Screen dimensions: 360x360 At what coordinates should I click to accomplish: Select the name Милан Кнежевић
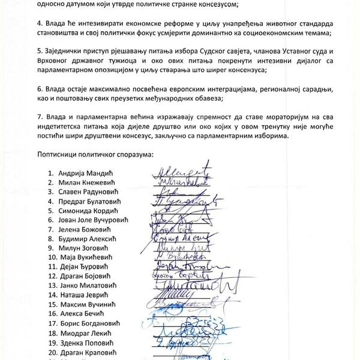point(88,183)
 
